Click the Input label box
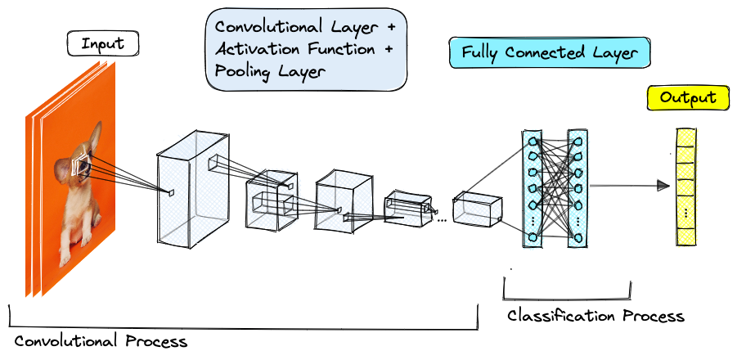click(x=102, y=44)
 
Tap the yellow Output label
click(x=688, y=98)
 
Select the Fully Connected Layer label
click(x=549, y=53)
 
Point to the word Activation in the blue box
click(x=254, y=50)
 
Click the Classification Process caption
click(x=595, y=316)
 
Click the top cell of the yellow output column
click(x=685, y=137)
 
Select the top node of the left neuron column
click(x=533, y=141)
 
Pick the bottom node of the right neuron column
click(x=577, y=238)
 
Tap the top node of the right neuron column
click(x=577, y=141)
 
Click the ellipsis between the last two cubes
click(x=442, y=220)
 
